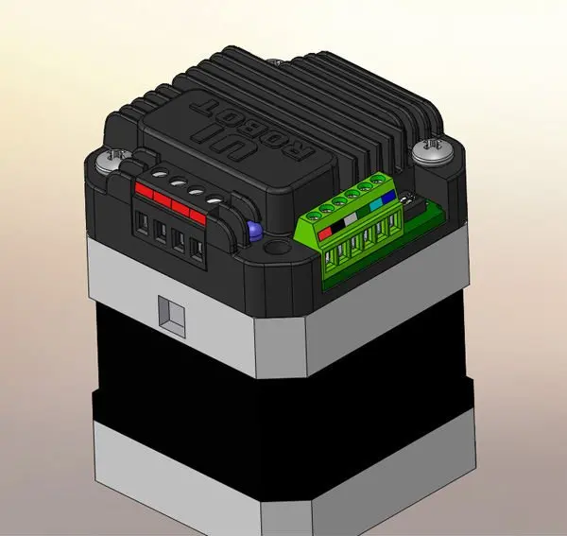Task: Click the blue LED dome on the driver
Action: click(254, 231)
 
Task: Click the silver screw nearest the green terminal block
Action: click(433, 150)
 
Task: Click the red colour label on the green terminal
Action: click(325, 233)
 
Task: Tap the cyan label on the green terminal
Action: click(376, 205)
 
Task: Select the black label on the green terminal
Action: click(337, 227)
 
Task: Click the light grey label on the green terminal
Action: click(351, 219)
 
